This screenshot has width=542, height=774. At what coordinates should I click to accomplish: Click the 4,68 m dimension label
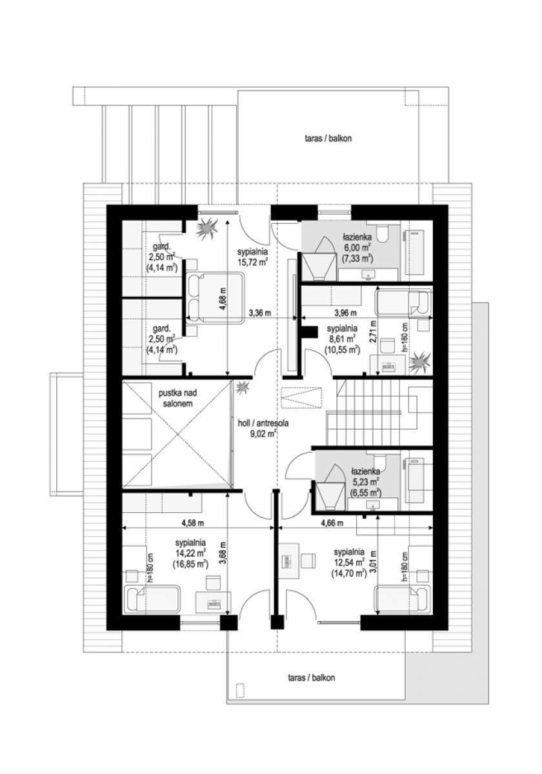(223, 299)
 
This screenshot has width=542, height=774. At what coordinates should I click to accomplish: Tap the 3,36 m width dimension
(260, 313)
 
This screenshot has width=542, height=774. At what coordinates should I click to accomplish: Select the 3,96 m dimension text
(345, 313)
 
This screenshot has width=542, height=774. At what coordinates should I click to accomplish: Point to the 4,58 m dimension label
(193, 523)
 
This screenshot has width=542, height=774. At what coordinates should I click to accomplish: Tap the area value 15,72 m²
(253, 263)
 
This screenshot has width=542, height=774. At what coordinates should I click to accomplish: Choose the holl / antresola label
(263, 423)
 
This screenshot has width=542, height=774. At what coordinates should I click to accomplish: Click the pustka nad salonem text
(177, 399)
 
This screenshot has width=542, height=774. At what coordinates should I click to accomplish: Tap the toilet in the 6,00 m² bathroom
(383, 234)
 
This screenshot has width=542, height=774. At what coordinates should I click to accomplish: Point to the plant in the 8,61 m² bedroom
(419, 362)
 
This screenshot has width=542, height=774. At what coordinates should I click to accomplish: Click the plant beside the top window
(206, 228)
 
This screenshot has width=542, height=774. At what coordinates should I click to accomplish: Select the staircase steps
(364, 412)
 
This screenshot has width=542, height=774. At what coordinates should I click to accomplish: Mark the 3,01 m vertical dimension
(374, 562)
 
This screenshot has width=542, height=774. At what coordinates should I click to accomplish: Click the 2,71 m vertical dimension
(373, 332)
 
